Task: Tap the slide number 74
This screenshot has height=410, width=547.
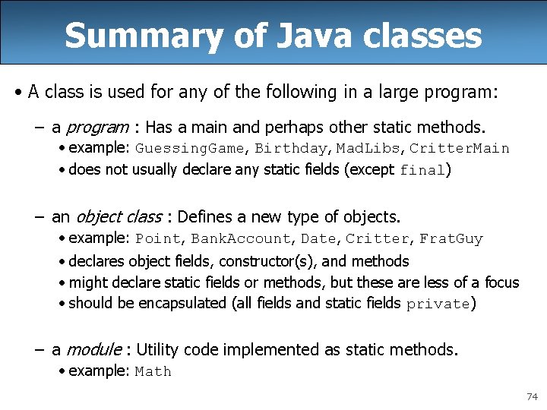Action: point(532,397)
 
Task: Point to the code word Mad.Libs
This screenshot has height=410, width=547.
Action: point(366,148)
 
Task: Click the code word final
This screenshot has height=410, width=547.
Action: point(422,171)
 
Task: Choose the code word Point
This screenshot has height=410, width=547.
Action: point(158,239)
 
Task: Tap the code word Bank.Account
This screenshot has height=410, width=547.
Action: point(241,239)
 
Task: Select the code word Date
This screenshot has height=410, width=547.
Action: point(318,239)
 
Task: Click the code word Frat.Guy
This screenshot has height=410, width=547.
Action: point(451,239)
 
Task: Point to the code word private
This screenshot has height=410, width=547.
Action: point(438,304)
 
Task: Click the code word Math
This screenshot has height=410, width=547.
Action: point(153,372)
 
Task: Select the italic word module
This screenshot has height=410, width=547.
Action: point(94,350)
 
